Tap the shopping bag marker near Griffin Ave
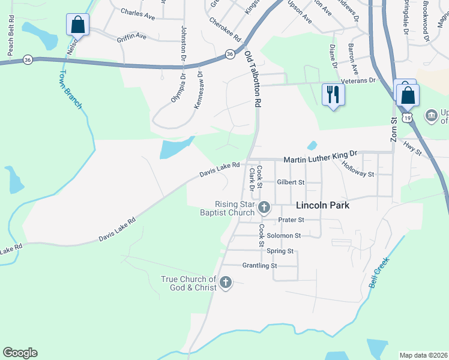[x=78, y=25]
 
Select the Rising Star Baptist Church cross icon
[x=264, y=208]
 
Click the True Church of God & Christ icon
[x=226, y=283]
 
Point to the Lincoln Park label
[x=323, y=205]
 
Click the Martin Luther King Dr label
[x=320, y=160]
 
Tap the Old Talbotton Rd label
[x=253, y=79]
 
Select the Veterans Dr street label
[x=357, y=80]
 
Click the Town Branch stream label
[x=70, y=90]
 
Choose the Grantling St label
[x=259, y=265]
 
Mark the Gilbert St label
[x=291, y=182]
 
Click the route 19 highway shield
[x=408, y=118]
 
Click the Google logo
[x=20, y=353]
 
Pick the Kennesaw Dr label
[x=198, y=91]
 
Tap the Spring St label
[x=280, y=251]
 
